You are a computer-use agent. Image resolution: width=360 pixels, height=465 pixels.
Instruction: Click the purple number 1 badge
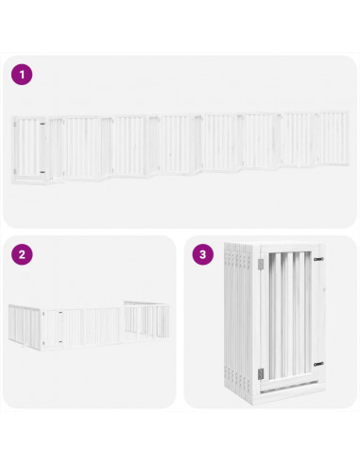(x=22, y=74)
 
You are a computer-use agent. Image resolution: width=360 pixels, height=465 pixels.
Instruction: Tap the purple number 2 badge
(x=22, y=255)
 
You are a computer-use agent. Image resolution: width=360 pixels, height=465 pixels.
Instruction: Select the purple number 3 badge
(x=202, y=255)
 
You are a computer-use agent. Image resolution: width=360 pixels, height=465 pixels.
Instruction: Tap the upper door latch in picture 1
(x=44, y=124)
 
